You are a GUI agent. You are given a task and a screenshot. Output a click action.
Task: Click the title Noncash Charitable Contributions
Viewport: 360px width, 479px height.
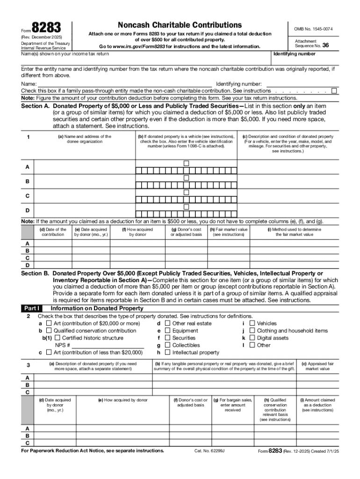tap(180, 25)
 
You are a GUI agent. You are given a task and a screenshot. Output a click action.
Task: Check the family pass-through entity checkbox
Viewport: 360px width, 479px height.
tap(334, 91)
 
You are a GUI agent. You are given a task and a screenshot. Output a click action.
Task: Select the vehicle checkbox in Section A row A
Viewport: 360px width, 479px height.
tap(186, 163)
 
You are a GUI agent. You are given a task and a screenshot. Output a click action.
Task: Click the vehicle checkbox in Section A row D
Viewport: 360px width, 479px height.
tap(186, 207)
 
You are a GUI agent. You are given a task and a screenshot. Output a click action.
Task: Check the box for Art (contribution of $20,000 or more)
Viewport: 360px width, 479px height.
tap(49, 323)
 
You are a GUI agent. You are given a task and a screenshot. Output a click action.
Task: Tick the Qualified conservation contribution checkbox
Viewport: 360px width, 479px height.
tap(49, 331)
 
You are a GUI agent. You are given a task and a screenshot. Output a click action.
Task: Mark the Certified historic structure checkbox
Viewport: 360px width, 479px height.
tap(58, 338)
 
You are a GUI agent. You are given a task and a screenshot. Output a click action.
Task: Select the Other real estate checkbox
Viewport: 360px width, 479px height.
tap(167, 323)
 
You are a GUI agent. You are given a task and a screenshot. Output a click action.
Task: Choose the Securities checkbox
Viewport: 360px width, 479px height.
tap(167, 338)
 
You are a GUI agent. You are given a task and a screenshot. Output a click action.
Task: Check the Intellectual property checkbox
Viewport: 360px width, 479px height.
tap(167, 352)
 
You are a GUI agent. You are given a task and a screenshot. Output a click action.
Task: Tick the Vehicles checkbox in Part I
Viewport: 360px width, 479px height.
tap(252, 323)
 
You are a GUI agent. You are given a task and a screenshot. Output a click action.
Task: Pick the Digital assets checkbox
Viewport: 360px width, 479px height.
tap(252, 338)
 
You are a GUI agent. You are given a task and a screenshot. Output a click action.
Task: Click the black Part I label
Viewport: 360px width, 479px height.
tap(32, 309)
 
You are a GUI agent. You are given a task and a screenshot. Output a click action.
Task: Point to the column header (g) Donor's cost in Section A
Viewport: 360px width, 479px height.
tap(186, 232)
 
